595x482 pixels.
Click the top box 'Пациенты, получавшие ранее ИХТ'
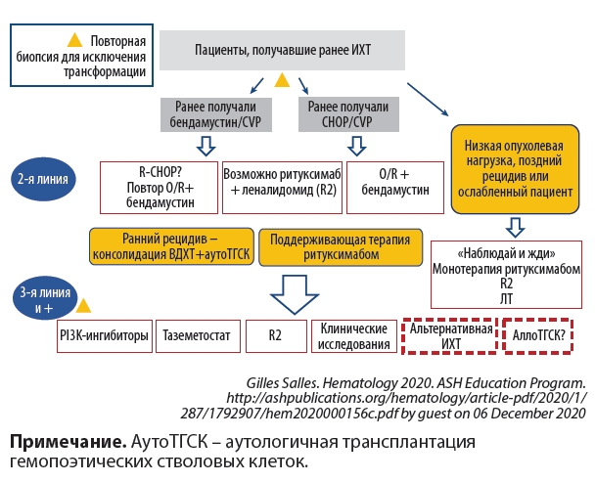(284, 48)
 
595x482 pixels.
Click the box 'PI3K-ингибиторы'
(104, 336)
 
